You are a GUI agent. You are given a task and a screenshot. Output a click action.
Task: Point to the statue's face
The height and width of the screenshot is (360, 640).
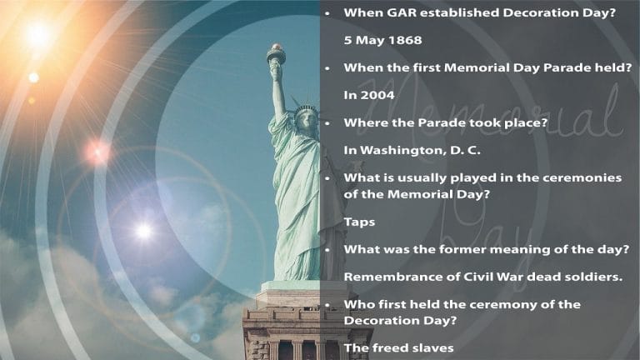click(307, 118)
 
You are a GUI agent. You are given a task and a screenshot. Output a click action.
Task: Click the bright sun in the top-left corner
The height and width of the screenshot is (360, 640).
click(37, 33)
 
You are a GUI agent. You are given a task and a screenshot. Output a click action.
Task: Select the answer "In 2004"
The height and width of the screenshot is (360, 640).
click(369, 95)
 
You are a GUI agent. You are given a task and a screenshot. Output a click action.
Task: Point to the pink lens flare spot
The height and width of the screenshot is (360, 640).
click(97, 152)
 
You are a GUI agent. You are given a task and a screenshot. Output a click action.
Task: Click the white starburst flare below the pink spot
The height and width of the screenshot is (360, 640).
click(143, 230)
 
